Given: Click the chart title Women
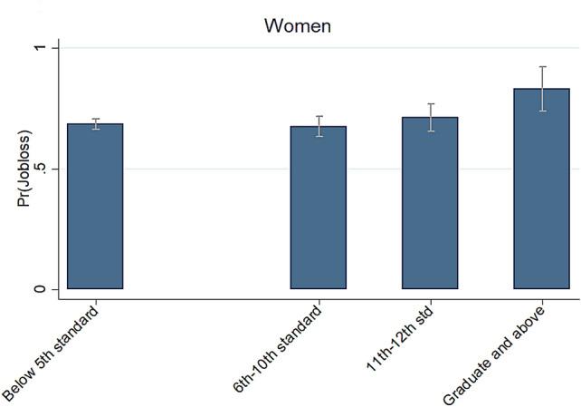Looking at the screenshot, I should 297,25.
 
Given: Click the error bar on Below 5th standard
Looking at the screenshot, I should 95,123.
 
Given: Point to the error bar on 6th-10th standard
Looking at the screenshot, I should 319,126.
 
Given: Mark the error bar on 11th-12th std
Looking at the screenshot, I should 430,117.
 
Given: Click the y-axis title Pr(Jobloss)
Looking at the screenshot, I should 24,169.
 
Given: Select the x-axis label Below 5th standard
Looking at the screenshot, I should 52,354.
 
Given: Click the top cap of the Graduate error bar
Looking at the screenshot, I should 542,66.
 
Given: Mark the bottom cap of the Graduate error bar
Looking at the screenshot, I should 542,111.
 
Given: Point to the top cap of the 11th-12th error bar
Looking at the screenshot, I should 430,104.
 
